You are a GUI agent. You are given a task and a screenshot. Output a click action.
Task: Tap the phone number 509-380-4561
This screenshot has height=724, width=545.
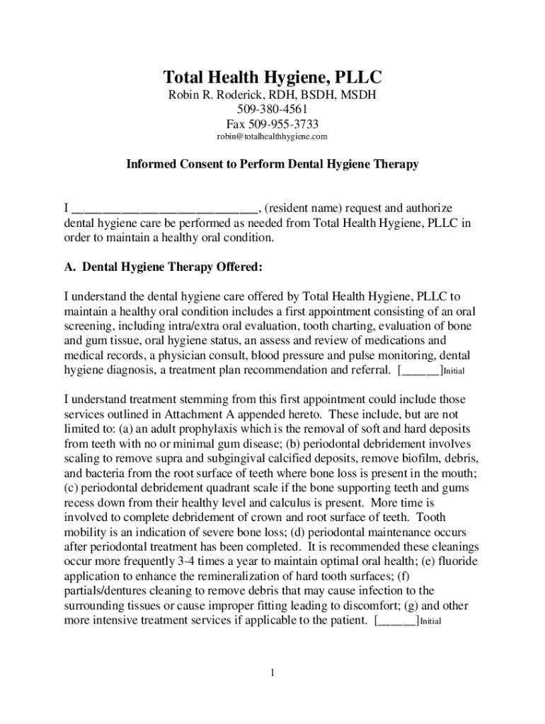point(272,110)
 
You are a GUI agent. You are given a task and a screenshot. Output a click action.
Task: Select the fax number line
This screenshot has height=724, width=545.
point(272,124)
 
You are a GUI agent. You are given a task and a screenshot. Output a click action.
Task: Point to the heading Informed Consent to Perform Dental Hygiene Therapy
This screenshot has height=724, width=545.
point(272,165)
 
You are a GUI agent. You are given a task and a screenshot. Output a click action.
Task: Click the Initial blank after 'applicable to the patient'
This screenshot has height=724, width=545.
point(397,621)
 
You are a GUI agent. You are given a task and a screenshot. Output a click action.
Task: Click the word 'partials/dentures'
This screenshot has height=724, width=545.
point(108,592)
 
